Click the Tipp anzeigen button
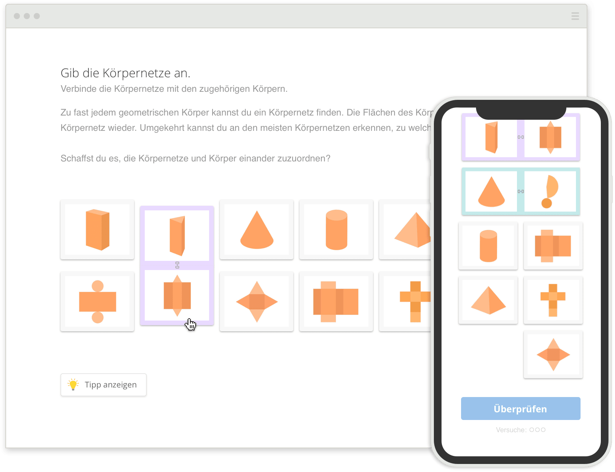[103, 385]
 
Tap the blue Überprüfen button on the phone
[520, 409]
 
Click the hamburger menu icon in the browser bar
[575, 16]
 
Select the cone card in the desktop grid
[257, 229]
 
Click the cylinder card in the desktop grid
[336, 229]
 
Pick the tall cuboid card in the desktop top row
[97, 229]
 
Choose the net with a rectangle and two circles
[97, 301]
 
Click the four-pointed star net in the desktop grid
[257, 301]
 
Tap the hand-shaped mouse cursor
[190, 324]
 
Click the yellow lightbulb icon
[73, 384]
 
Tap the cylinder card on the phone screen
[488, 246]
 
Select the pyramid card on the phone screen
[488, 300]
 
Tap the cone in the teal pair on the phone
[491, 191]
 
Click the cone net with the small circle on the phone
[550, 191]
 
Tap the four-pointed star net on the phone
[553, 355]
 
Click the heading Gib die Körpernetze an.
[125, 73]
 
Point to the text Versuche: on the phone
[511, 430]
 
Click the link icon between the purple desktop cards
[177, 265]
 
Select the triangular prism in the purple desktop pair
[177, 235]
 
